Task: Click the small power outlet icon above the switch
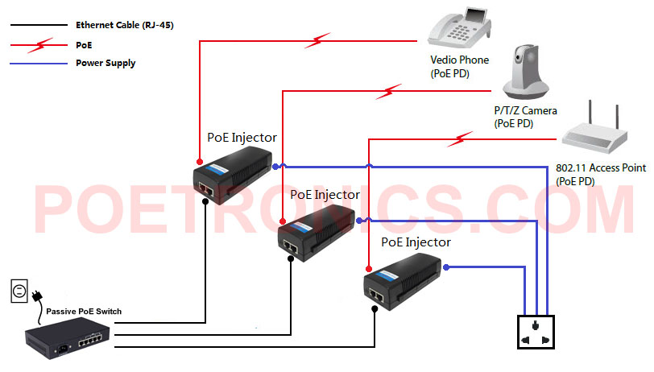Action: click(19, 290)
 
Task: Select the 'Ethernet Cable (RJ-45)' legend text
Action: click(124, 25)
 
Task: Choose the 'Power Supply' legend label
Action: click(106, 63)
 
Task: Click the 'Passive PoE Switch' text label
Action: click(84, 311)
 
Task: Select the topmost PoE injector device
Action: click(234, 173)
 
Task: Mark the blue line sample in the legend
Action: click(39, 63)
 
